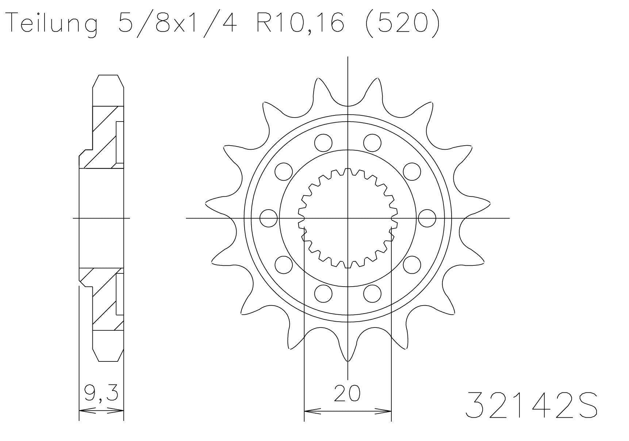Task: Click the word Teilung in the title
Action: point(53,23)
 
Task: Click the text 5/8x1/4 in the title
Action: point(177,23)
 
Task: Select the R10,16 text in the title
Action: point(300,23)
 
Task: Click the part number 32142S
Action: point(531,405)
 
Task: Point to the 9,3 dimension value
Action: point(101,393)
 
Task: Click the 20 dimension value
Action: point(347,393)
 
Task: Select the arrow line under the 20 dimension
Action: point(348,411)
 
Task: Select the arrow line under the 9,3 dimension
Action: point(101,411)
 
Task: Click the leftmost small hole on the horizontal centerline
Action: point(269,218)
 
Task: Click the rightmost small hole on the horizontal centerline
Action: point(427,218)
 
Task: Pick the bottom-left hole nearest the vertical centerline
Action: point(323,294)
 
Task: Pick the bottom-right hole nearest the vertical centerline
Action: point(372,294)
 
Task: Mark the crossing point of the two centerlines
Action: point(348,218)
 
